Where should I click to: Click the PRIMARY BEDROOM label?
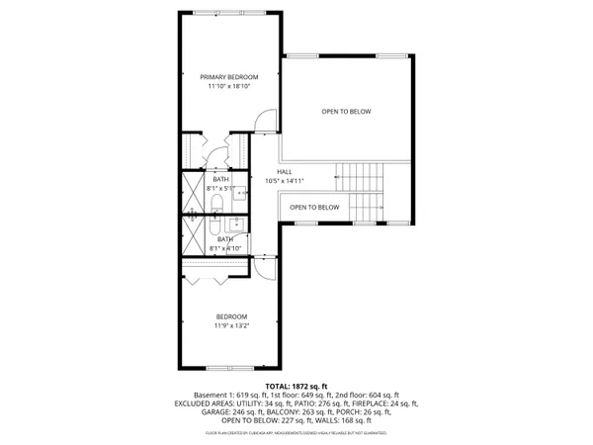click(x=228, y=77)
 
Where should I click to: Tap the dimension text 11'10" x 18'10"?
click(x=228, y=87)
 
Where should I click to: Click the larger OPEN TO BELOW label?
click(x=346, y=111)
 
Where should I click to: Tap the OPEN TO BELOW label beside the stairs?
click(x=314, y=207)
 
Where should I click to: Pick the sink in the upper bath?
click(x=240, y=193)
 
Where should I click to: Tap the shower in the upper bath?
click(x=192, y=195)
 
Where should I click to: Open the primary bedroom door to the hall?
click(x=259, y=123)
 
